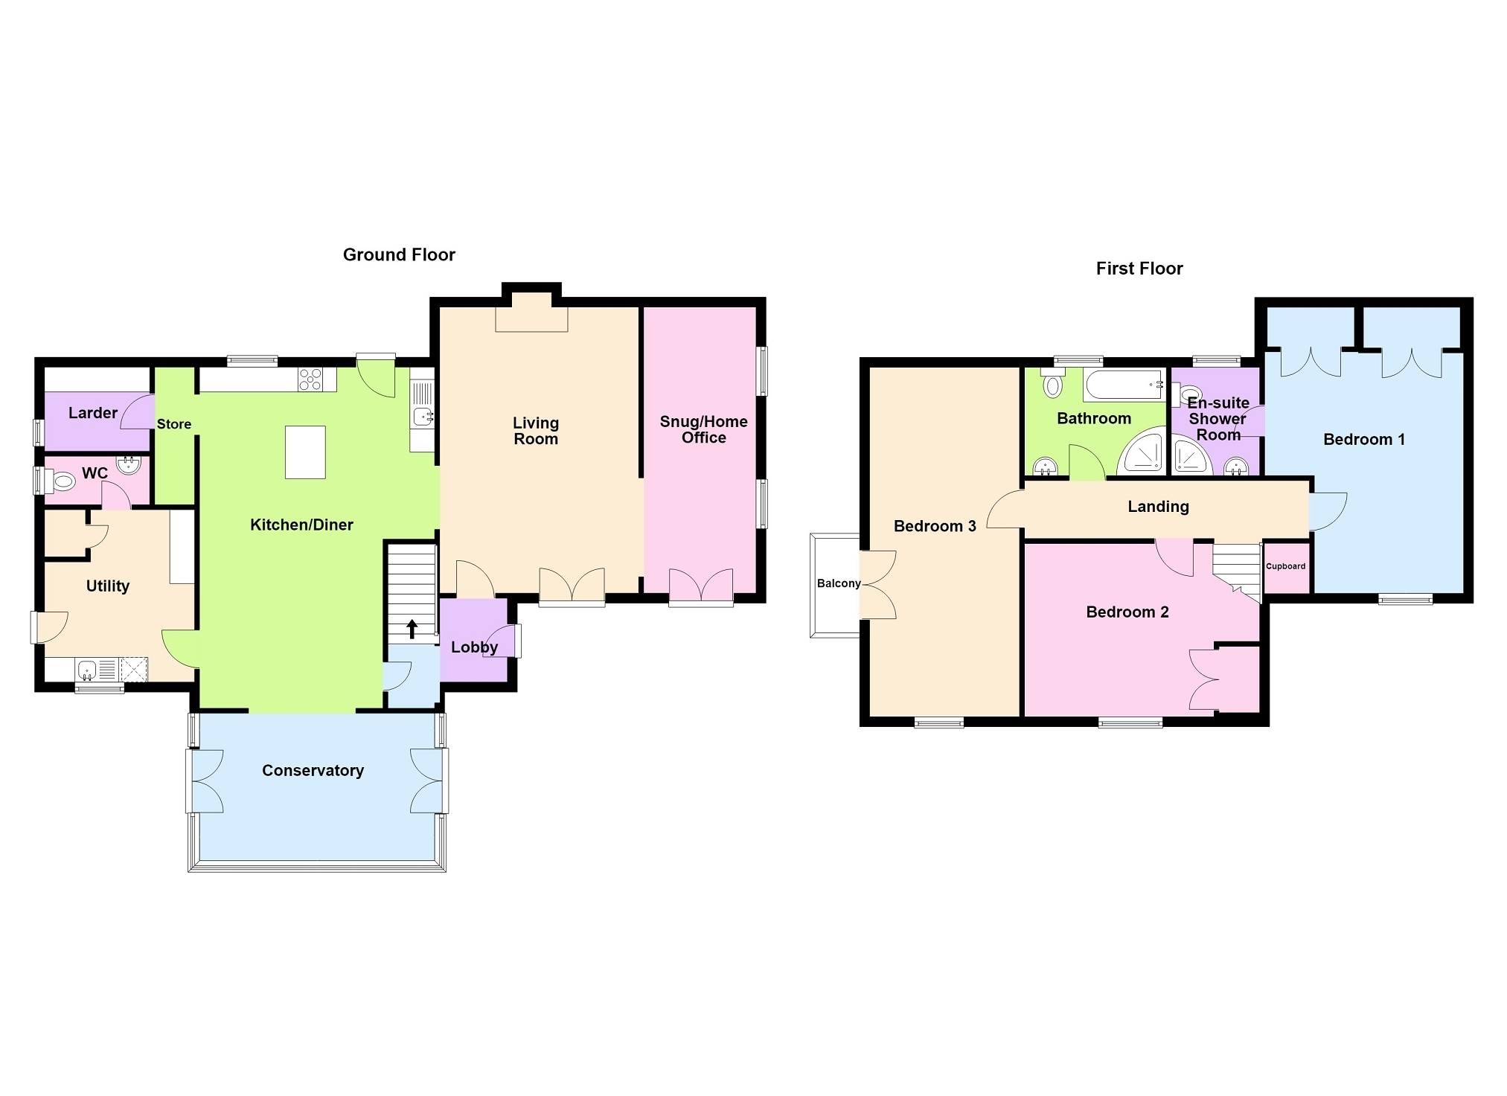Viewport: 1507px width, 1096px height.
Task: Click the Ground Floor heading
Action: [x=399, y=254]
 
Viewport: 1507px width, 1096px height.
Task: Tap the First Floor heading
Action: [x=1139, y=269]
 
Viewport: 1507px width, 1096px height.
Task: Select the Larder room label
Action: [x=93, y=413]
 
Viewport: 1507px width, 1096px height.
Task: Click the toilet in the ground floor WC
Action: [x=60, y=482]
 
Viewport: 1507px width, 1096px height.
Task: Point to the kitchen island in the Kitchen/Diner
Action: [x=305, y=452]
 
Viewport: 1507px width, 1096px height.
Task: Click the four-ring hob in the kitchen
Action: [x=310, y=379]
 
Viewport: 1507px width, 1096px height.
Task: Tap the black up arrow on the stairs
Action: [x=412, y=629]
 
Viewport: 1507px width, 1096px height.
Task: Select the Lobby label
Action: [x=474, y=647]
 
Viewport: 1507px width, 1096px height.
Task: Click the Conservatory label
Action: [x=313, y=771]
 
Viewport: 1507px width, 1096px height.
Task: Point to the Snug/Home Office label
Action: [x=703, y=429]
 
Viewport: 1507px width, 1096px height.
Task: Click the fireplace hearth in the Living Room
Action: [x=532, y=319]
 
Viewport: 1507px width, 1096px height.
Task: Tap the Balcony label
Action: [x=839, y=583]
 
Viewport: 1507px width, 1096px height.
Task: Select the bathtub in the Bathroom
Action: [x=1124, y=385]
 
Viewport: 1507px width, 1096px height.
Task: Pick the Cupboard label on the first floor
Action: [x=1286, y=566]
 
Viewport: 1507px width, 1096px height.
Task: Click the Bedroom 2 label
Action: [x=1127, y=612]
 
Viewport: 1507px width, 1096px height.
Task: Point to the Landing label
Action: [x=1158, y=507]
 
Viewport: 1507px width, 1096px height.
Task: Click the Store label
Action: [x=174, y=424]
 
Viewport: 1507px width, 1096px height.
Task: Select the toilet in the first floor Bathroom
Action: [x=1053, y=383]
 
